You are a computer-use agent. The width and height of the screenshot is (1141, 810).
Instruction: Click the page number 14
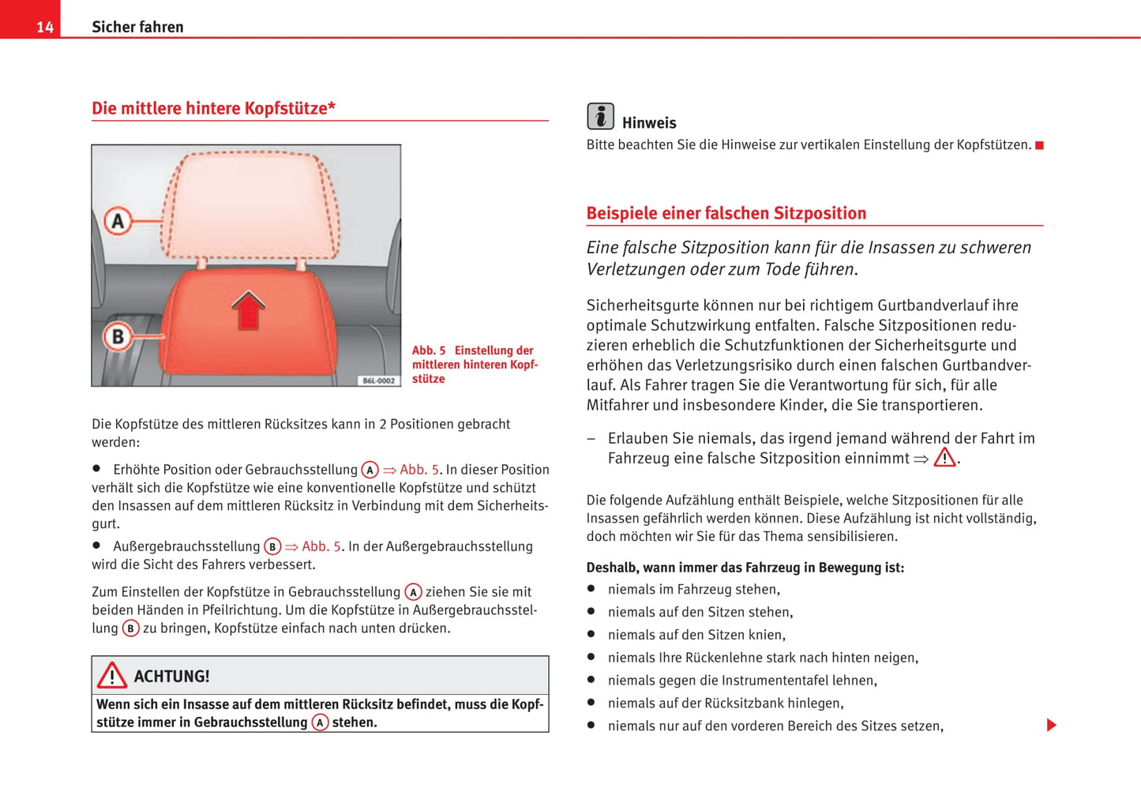[45, 28]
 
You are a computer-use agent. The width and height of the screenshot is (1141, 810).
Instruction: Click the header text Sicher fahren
[137, 27]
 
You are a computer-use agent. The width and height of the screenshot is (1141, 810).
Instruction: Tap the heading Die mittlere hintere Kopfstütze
[213, 108]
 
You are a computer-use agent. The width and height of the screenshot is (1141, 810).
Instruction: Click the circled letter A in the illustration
[118, 221]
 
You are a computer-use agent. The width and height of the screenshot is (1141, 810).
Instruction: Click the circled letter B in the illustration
[118, 337]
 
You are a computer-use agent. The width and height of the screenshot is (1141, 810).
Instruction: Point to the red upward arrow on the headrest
[248, 309]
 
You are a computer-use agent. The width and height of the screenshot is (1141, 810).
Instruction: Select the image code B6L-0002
[378, 381]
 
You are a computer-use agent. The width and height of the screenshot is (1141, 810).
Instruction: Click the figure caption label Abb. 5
[429, 351]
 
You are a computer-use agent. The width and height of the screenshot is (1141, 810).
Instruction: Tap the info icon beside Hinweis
[600, 117]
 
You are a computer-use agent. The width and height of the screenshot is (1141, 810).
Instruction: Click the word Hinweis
[649, 123]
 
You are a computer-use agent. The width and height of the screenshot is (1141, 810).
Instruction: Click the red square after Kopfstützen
[1039, 145]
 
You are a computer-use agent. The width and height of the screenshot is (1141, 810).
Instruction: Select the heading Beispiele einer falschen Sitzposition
[726, 213]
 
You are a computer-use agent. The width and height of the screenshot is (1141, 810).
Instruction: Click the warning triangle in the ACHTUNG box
[112, 676]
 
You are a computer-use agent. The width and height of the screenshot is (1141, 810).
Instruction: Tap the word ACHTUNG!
[171, 677]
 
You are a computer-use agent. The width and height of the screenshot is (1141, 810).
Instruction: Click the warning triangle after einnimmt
[944, 458]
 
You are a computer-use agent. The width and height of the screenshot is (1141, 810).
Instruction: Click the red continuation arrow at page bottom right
[1051, 725]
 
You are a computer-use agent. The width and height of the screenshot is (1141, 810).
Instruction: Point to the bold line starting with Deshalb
[745, 568]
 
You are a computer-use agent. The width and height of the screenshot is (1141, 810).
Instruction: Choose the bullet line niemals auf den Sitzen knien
[696, 635]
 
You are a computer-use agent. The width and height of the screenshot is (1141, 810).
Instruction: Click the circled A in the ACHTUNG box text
[320, 722]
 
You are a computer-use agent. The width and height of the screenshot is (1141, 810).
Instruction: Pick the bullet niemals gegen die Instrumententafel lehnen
[741, 681]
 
